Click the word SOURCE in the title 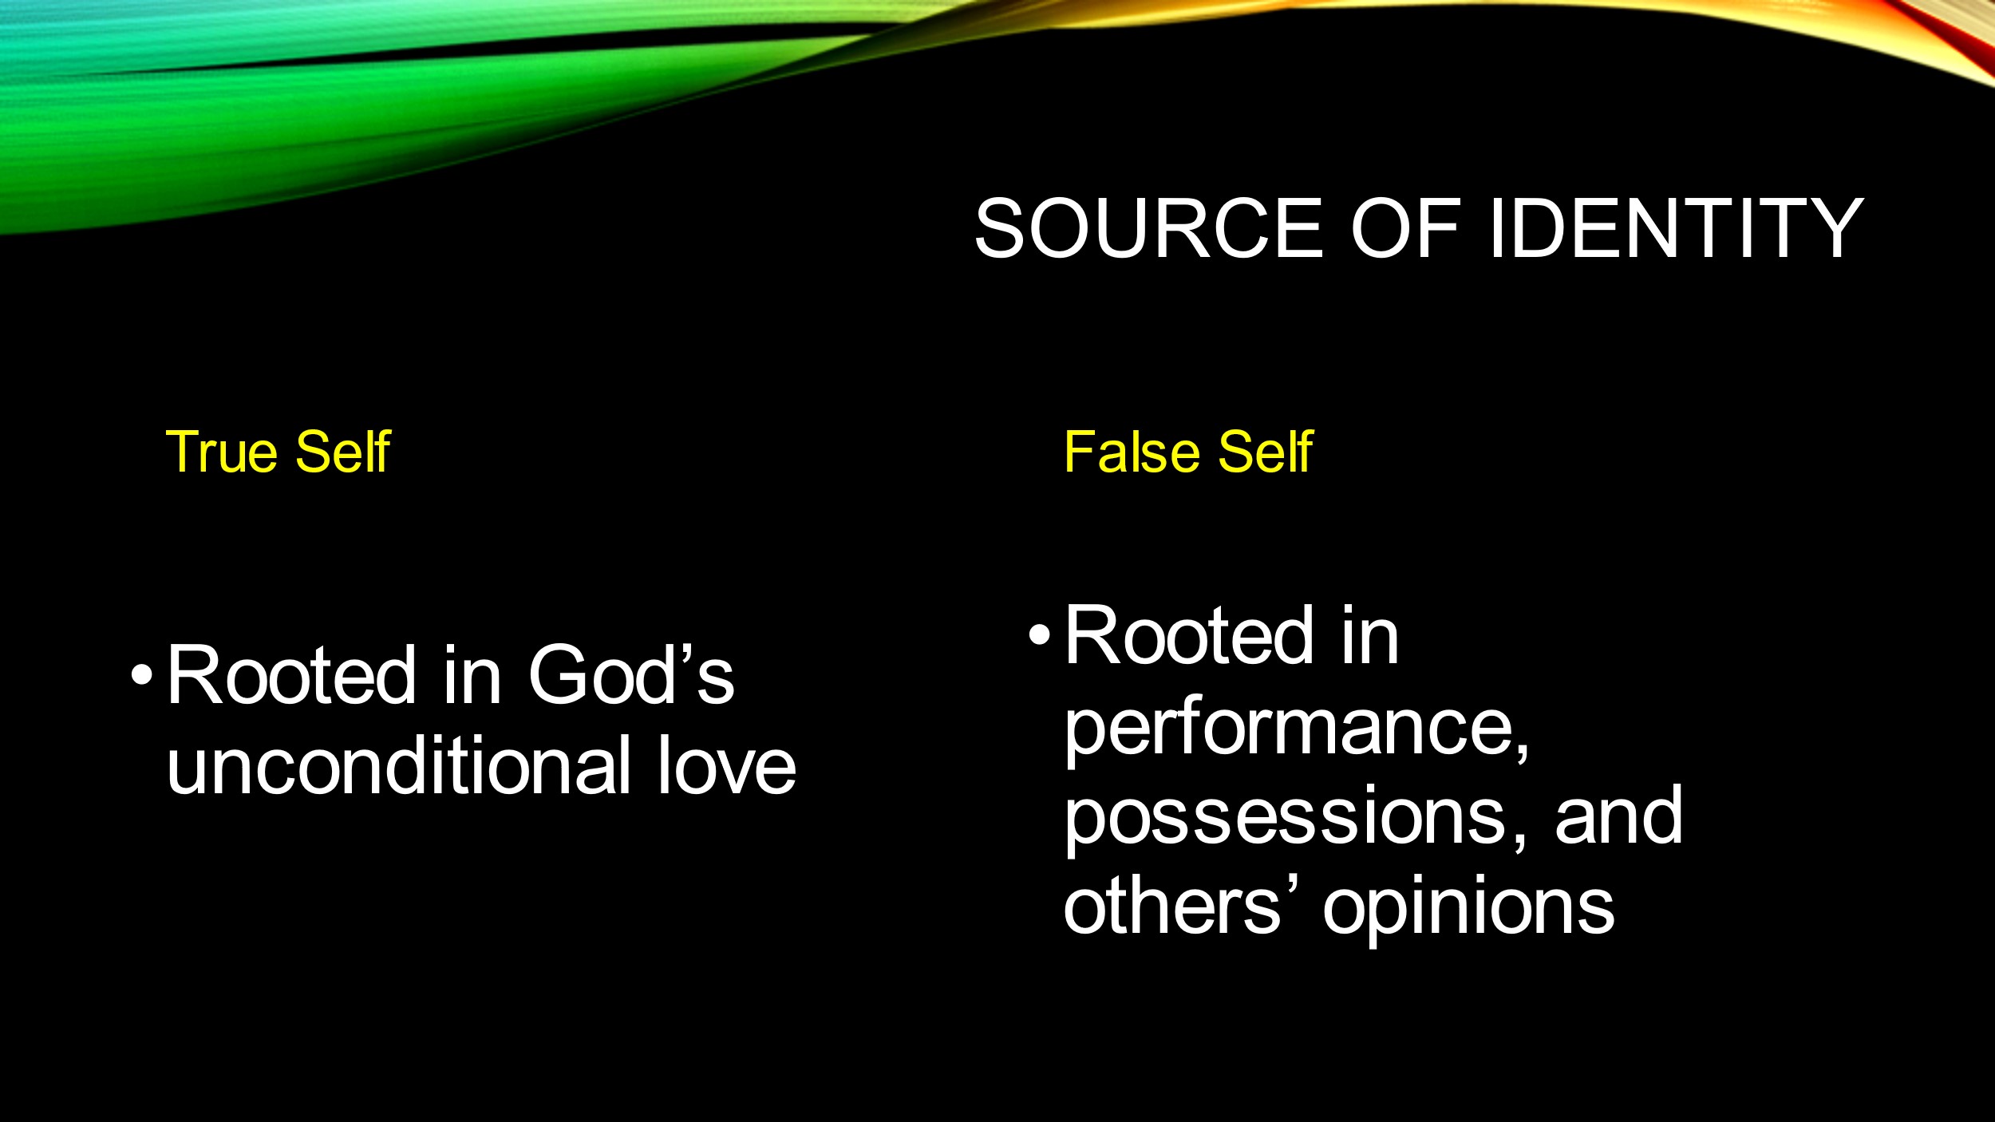(x=1149, y=228)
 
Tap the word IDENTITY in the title (x=1676, y=228)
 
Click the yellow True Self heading (x=278, y=452)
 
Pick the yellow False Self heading (x=1188, y=452)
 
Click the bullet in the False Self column (x=1039, y=635)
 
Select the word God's (x=630, y=675)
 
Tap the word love (x=726, y=766)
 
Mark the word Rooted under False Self (x=1189, y=635)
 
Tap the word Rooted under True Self (x=291, y=675)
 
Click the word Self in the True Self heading (x=343, y=452)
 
